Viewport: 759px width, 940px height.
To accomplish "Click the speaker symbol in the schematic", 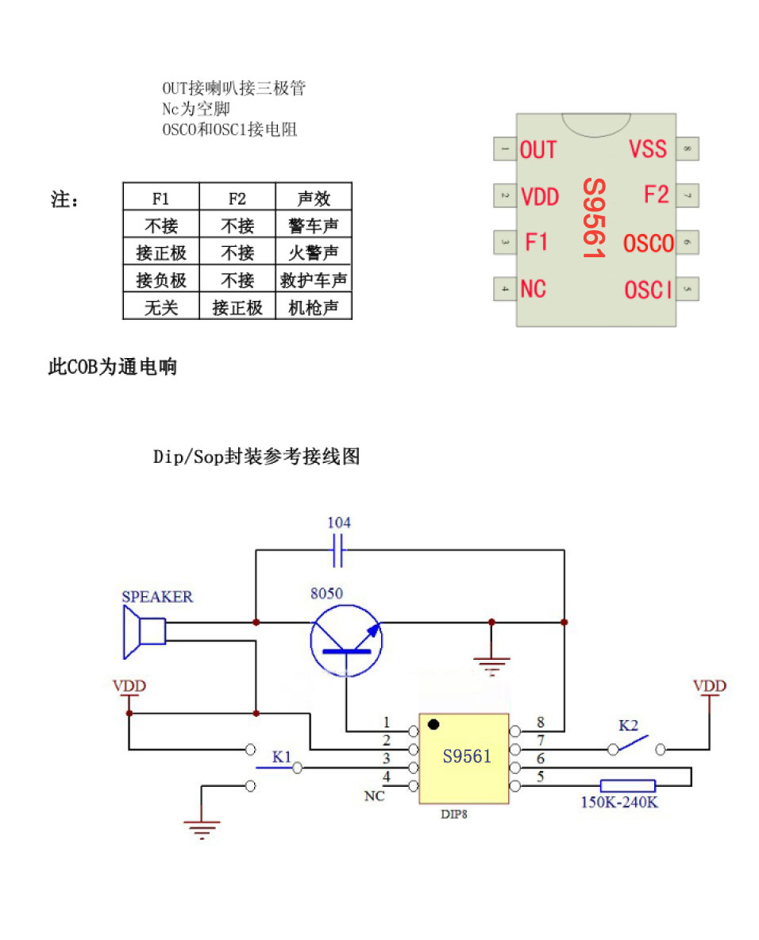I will click(143, 632).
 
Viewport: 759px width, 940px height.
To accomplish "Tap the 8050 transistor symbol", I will click(347, 639).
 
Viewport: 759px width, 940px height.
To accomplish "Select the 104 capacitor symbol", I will click(339, 549).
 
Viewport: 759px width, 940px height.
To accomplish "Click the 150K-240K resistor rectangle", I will click(627, 786).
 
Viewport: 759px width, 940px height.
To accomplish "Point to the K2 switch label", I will click(628, 725).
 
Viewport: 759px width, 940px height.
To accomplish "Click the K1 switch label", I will click(282, 756).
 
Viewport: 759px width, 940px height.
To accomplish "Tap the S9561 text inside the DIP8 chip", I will click(467, 756).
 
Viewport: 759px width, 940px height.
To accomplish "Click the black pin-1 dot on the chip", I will click(433, 725).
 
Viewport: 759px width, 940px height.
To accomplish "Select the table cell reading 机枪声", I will click(314, 307).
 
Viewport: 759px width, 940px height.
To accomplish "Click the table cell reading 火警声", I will click(314, 252).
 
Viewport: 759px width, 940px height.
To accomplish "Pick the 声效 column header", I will click(314, 198).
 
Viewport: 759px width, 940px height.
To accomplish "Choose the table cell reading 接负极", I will click(161, 280).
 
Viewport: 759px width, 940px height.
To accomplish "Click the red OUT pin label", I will click(538, 149).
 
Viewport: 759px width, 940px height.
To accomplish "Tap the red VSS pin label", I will click(648, 148).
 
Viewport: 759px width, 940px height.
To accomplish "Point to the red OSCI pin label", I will click(648, 291).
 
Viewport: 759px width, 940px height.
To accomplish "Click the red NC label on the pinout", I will click(534, 289).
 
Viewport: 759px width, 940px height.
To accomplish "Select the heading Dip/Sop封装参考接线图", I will click(256, 457).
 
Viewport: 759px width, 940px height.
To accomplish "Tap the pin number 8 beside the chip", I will click(541, 722).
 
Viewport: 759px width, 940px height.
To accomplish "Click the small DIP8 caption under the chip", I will click(454, 814).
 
